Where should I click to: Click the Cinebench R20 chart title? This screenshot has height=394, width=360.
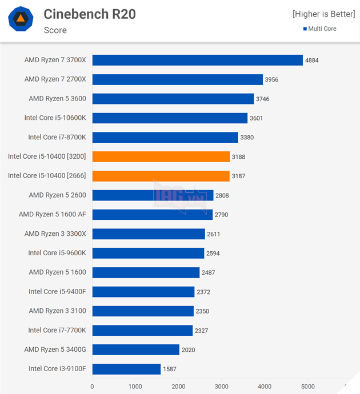(90, 14)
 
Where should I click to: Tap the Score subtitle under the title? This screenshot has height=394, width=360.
(55, 30)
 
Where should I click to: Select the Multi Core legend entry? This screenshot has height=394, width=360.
(319, 29)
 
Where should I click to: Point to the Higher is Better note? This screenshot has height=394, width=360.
(323, 13)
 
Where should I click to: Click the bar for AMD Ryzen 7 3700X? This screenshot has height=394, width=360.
(197, 60)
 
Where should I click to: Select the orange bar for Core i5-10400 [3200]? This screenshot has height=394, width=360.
(161, 156)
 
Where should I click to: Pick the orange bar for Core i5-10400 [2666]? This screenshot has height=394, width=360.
(161, 175)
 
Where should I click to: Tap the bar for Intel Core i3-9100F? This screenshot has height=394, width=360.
(126, 369)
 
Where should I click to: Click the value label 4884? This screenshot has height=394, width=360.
(313, 60)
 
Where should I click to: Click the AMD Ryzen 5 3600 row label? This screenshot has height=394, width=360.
(57, 99)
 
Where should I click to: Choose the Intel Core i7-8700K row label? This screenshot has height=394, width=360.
(57, 137)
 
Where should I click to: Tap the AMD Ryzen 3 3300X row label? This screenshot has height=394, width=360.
(55, 234)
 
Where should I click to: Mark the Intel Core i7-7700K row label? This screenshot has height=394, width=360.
(57, 330)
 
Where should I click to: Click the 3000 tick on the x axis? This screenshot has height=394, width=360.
(221, 386)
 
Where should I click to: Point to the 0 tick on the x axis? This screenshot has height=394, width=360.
(92, 386)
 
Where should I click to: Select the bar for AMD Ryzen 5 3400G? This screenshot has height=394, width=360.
(136, 349)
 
